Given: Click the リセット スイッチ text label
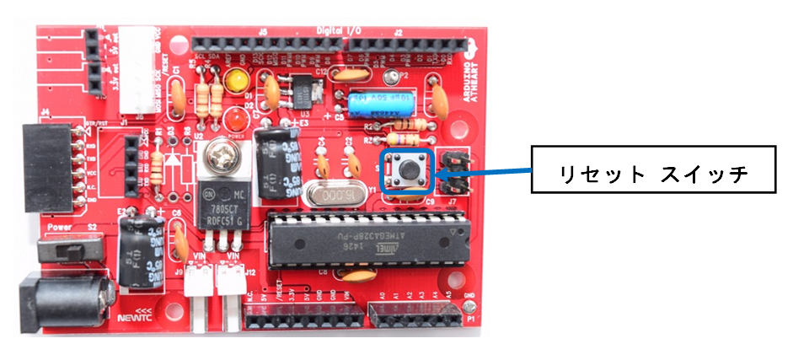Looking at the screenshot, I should tap(654, 175).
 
